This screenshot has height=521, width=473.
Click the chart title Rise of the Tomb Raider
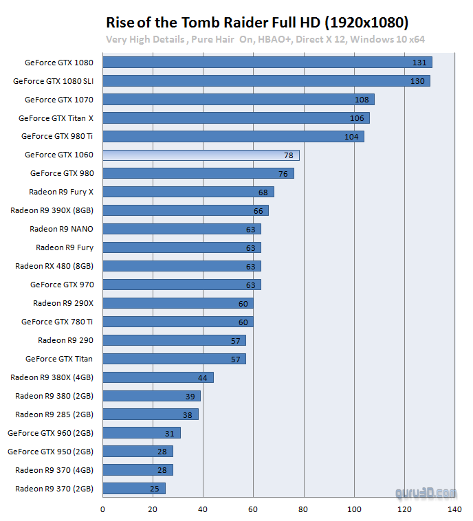257,21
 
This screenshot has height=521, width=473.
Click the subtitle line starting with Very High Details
265,39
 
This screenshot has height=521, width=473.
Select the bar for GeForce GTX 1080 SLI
266,81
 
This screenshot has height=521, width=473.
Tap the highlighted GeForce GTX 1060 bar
201,155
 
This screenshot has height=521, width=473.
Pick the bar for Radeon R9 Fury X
188,192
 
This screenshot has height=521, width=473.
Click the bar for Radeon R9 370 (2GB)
133,489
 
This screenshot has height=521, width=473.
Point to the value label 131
419,63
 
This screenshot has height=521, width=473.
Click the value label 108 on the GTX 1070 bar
362,100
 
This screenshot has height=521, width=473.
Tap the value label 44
203,377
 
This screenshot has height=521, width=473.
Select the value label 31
170,433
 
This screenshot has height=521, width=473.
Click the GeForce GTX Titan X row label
56,118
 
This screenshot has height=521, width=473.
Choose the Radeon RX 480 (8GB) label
54,266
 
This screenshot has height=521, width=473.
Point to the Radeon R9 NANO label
61,229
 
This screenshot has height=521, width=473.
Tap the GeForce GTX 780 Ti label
57,322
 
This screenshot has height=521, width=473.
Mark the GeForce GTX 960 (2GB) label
50,433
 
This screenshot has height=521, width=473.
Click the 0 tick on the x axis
102,509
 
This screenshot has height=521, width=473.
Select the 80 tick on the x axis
303,509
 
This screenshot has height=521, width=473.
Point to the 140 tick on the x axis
454,509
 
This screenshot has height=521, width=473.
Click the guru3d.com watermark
426,493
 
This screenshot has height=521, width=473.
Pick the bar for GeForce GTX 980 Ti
233,137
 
